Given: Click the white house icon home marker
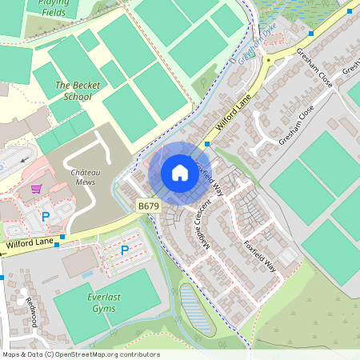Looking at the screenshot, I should point(180,172).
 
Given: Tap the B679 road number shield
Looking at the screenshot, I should point(148,206).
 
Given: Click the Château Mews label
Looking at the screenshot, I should point(83,177).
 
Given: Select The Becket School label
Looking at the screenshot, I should point(73,90).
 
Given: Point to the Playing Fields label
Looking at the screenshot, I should point(46,8).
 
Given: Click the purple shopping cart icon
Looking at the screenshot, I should point(36,190).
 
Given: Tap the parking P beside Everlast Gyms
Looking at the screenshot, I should point(125,250).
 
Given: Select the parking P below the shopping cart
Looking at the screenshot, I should point(46,217).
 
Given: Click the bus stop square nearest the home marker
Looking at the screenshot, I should point(206,144).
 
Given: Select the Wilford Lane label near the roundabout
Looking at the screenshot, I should point(232,112).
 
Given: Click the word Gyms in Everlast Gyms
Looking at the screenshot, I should point(103,308).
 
